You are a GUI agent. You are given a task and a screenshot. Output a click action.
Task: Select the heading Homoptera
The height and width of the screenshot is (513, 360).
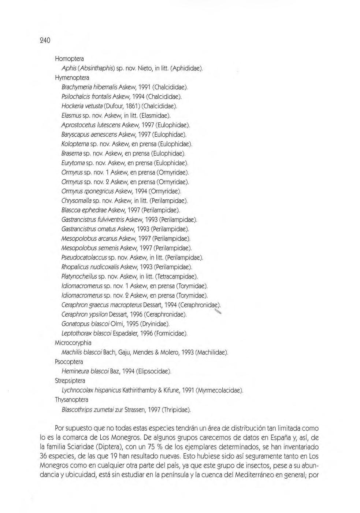tap(69, 59)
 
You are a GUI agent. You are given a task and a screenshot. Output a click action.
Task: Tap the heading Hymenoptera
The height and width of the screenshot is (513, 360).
tap(72, 78)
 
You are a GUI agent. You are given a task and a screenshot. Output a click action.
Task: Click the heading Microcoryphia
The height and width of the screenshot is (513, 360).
tap(73, 343)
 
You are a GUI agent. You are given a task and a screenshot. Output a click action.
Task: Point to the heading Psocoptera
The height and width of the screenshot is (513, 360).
tap(69, 362)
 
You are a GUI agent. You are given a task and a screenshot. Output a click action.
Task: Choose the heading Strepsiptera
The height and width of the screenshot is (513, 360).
tap(70, 381)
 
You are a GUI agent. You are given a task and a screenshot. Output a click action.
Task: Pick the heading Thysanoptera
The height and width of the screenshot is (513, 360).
tap(71, 400)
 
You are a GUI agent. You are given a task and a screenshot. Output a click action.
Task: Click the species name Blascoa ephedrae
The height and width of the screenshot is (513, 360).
tap(84, 210)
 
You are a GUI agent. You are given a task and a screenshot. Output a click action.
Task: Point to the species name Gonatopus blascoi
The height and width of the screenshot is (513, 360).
tap(83, 324)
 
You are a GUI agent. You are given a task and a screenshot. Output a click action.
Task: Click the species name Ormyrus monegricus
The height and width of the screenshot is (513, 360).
tap(88, 191)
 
